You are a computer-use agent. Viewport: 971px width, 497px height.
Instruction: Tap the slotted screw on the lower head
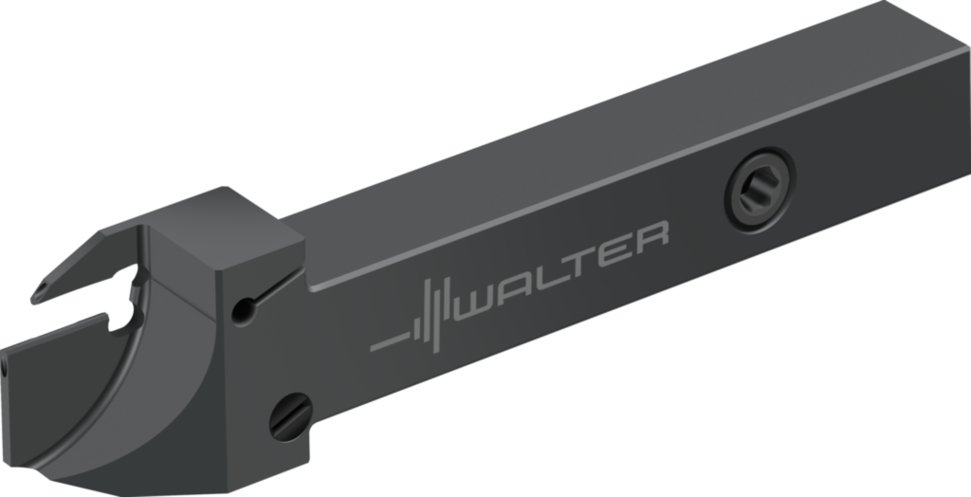coord(291,415)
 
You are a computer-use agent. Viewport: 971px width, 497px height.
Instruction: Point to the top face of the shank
coord(588,142)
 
